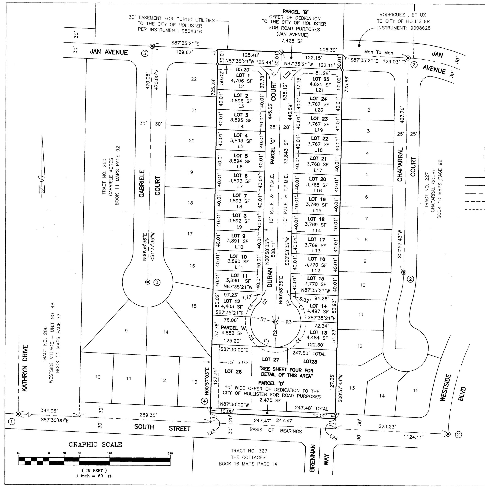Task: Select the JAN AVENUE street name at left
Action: pos(109,52)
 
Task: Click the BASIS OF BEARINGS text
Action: pos(276,430)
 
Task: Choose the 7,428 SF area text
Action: pos(292,41)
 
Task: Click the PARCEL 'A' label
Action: pos(233,328)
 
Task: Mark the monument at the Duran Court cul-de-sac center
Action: pos(276,322)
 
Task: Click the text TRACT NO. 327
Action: pos(249,451)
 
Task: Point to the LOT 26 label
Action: pos(233,372)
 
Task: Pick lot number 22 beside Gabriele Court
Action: pos(194,79)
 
